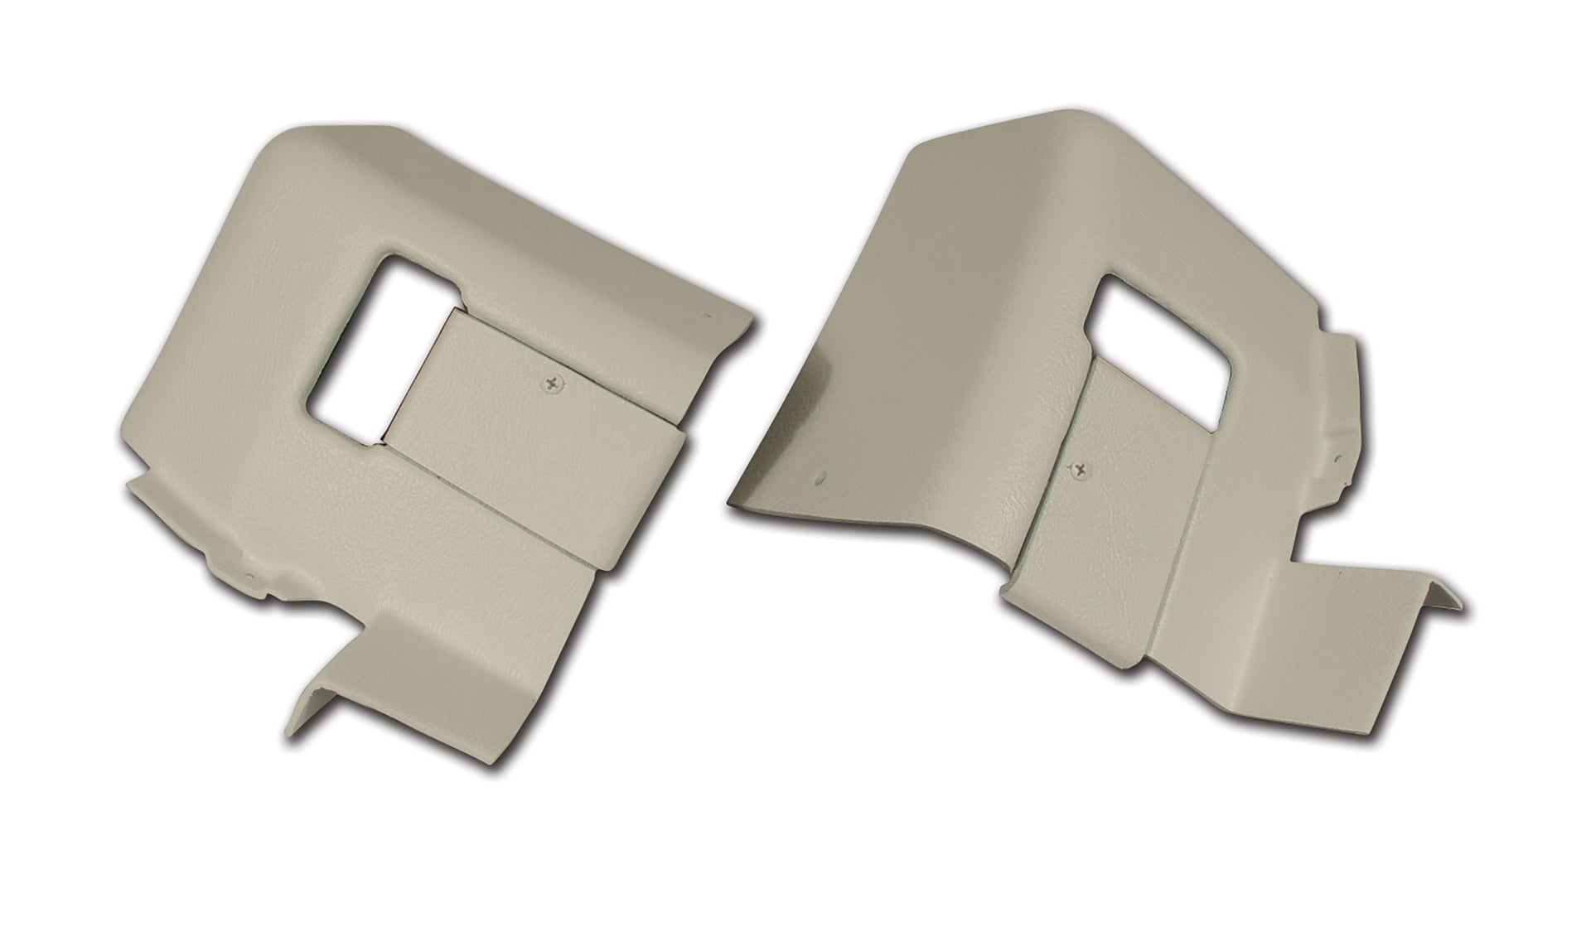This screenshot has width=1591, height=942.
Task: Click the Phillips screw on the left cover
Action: pos(550,382)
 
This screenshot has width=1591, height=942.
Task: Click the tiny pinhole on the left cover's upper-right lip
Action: pos(706,315)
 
